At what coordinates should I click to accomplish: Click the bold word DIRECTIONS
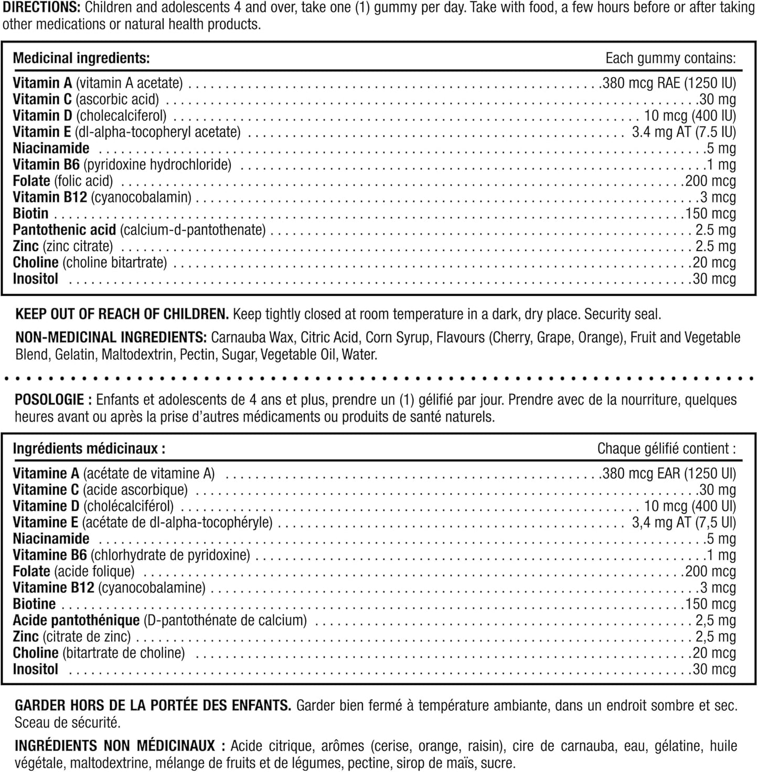(41, 8)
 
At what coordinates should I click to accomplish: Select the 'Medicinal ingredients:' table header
(81, 58)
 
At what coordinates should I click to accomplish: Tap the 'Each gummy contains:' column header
(670, 58)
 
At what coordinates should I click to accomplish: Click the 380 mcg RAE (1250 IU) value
(669, 83)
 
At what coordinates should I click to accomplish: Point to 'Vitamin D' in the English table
(42, 115)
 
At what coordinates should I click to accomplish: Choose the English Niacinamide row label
(51, 148)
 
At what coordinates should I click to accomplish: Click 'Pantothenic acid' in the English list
(64, 230)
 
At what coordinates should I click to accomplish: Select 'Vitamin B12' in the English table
(49, 197)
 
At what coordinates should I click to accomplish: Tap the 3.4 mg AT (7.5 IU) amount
(684, 132)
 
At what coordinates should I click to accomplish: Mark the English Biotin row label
(30, 213)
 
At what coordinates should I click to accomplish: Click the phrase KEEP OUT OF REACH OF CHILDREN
(122, 314)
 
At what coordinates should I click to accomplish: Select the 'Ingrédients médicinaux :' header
(89, 448)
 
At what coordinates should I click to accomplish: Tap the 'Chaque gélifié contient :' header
(666, 448)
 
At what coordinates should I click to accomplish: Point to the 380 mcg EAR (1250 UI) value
(669, 474)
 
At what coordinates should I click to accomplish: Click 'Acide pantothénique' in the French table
(76, 620)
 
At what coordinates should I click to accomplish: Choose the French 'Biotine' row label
(34, 604)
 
